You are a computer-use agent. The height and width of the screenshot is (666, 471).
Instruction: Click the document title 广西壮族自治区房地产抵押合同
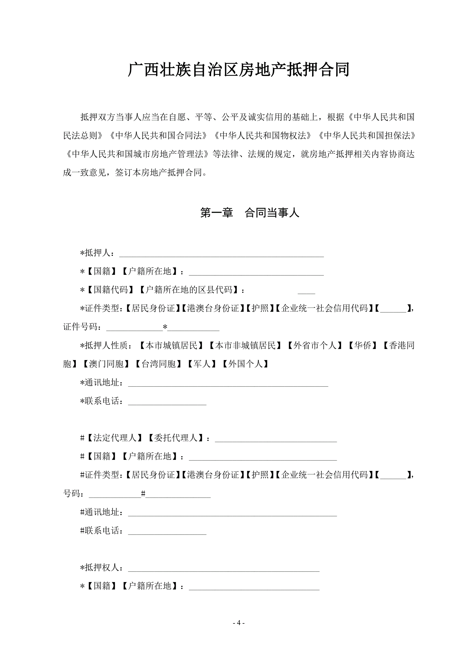point(238,70)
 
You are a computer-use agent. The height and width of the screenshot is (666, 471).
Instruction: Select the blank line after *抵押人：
point(221,254)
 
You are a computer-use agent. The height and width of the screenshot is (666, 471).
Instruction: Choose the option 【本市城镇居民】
point(171,346)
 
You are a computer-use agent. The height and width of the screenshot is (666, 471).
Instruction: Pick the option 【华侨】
point(363,346)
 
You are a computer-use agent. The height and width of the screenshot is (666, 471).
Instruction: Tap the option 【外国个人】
point(245,364)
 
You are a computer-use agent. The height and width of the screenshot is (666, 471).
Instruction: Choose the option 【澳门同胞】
point(106,364)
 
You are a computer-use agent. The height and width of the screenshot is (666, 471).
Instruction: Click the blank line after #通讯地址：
point(232,513)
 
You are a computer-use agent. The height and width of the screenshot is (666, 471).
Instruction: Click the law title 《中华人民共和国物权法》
point(263,135)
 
